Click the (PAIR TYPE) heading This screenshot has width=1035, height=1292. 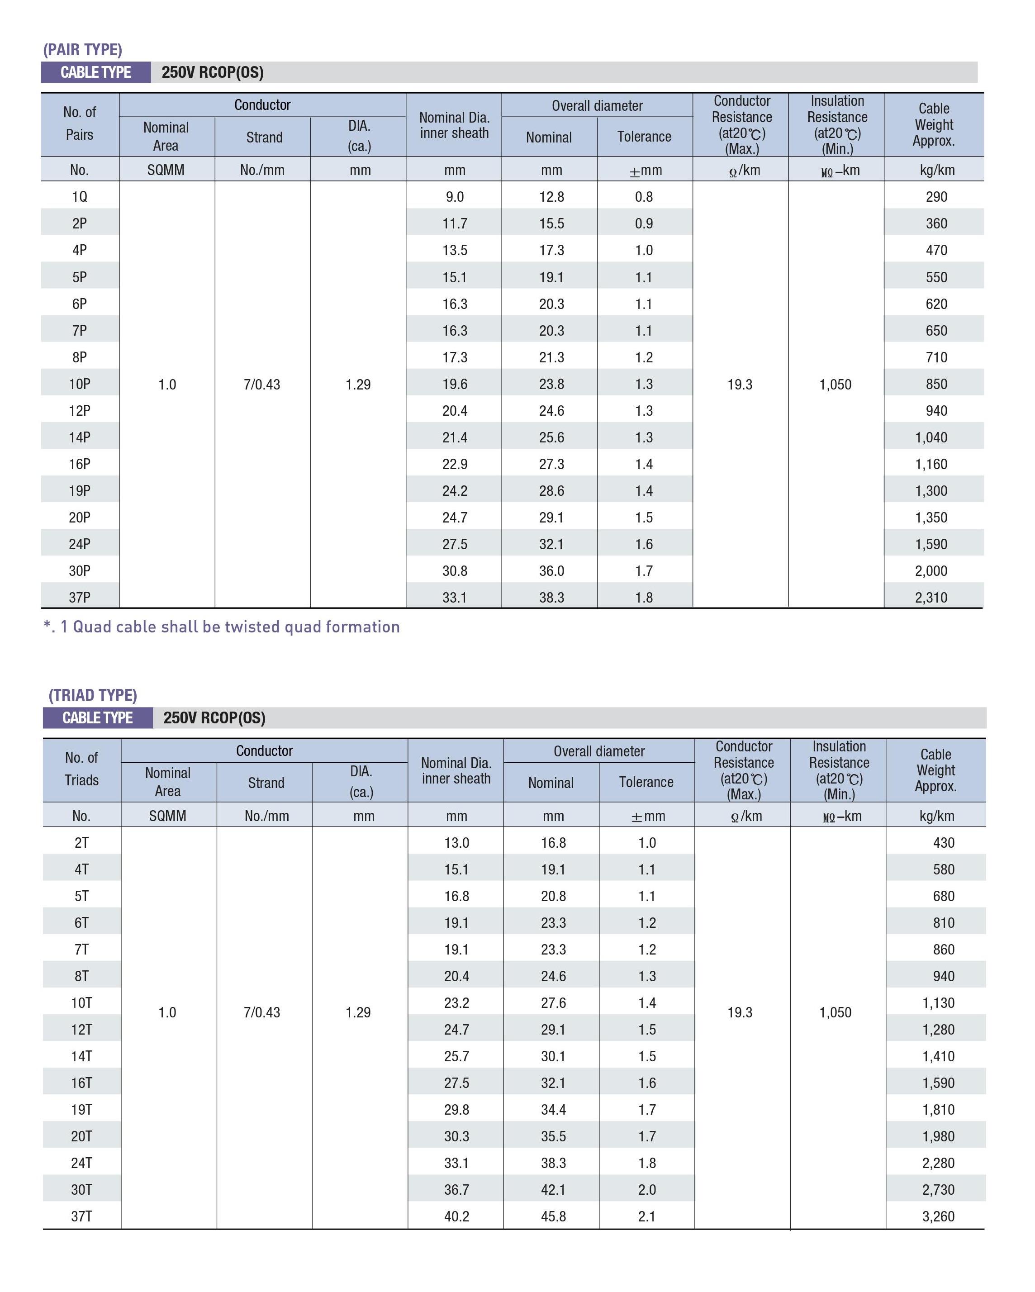coord(83,49)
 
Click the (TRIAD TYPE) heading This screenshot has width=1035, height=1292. coord(93,695)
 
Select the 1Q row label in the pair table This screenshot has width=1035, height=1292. coord(80,196)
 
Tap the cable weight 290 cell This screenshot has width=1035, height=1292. coord(936,196)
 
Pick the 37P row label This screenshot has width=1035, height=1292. coord(80,598)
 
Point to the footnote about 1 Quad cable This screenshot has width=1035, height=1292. coord(222,627)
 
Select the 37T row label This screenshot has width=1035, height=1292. coord(81,1216)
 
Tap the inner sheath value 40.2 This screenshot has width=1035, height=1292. coord(457,1216)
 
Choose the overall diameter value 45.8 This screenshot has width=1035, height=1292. coord(553,1216)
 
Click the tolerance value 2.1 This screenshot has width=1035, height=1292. coord(647,1216)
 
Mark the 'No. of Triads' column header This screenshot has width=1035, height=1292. coord(81,769)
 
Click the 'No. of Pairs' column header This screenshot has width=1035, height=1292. coord(80,123)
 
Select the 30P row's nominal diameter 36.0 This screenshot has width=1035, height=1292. coord(551,570)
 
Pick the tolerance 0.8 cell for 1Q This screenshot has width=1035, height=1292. coord(644,196)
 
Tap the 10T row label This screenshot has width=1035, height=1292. coord(81,1002)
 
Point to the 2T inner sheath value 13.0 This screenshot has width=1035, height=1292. coord(457,842)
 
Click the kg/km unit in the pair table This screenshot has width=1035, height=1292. coord(937,170)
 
